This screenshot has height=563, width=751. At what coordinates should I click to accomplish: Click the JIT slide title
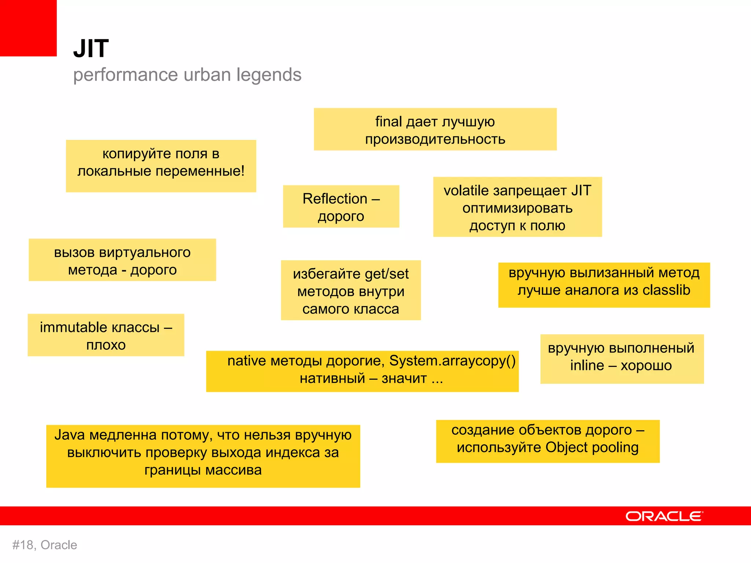point(91,48)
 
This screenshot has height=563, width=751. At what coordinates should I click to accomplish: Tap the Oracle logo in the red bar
point(664,516)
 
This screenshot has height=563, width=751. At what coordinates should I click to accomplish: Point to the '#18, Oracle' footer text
point(45,545)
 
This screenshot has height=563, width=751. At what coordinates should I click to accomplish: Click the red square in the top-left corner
point(28,28)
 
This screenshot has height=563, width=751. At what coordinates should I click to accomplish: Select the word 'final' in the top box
point(388,122)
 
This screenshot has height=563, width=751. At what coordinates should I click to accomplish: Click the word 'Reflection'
point(335,199)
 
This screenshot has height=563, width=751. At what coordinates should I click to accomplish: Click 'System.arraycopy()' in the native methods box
point(452,361)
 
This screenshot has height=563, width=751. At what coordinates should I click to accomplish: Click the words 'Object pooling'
point(592,448)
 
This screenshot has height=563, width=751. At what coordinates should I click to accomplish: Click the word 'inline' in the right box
point(587,365)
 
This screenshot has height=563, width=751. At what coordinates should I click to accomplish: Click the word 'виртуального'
point(145,253)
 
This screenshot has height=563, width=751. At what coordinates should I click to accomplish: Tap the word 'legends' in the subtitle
point(269,75)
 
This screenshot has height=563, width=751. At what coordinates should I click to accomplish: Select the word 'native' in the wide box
point(246,361)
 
